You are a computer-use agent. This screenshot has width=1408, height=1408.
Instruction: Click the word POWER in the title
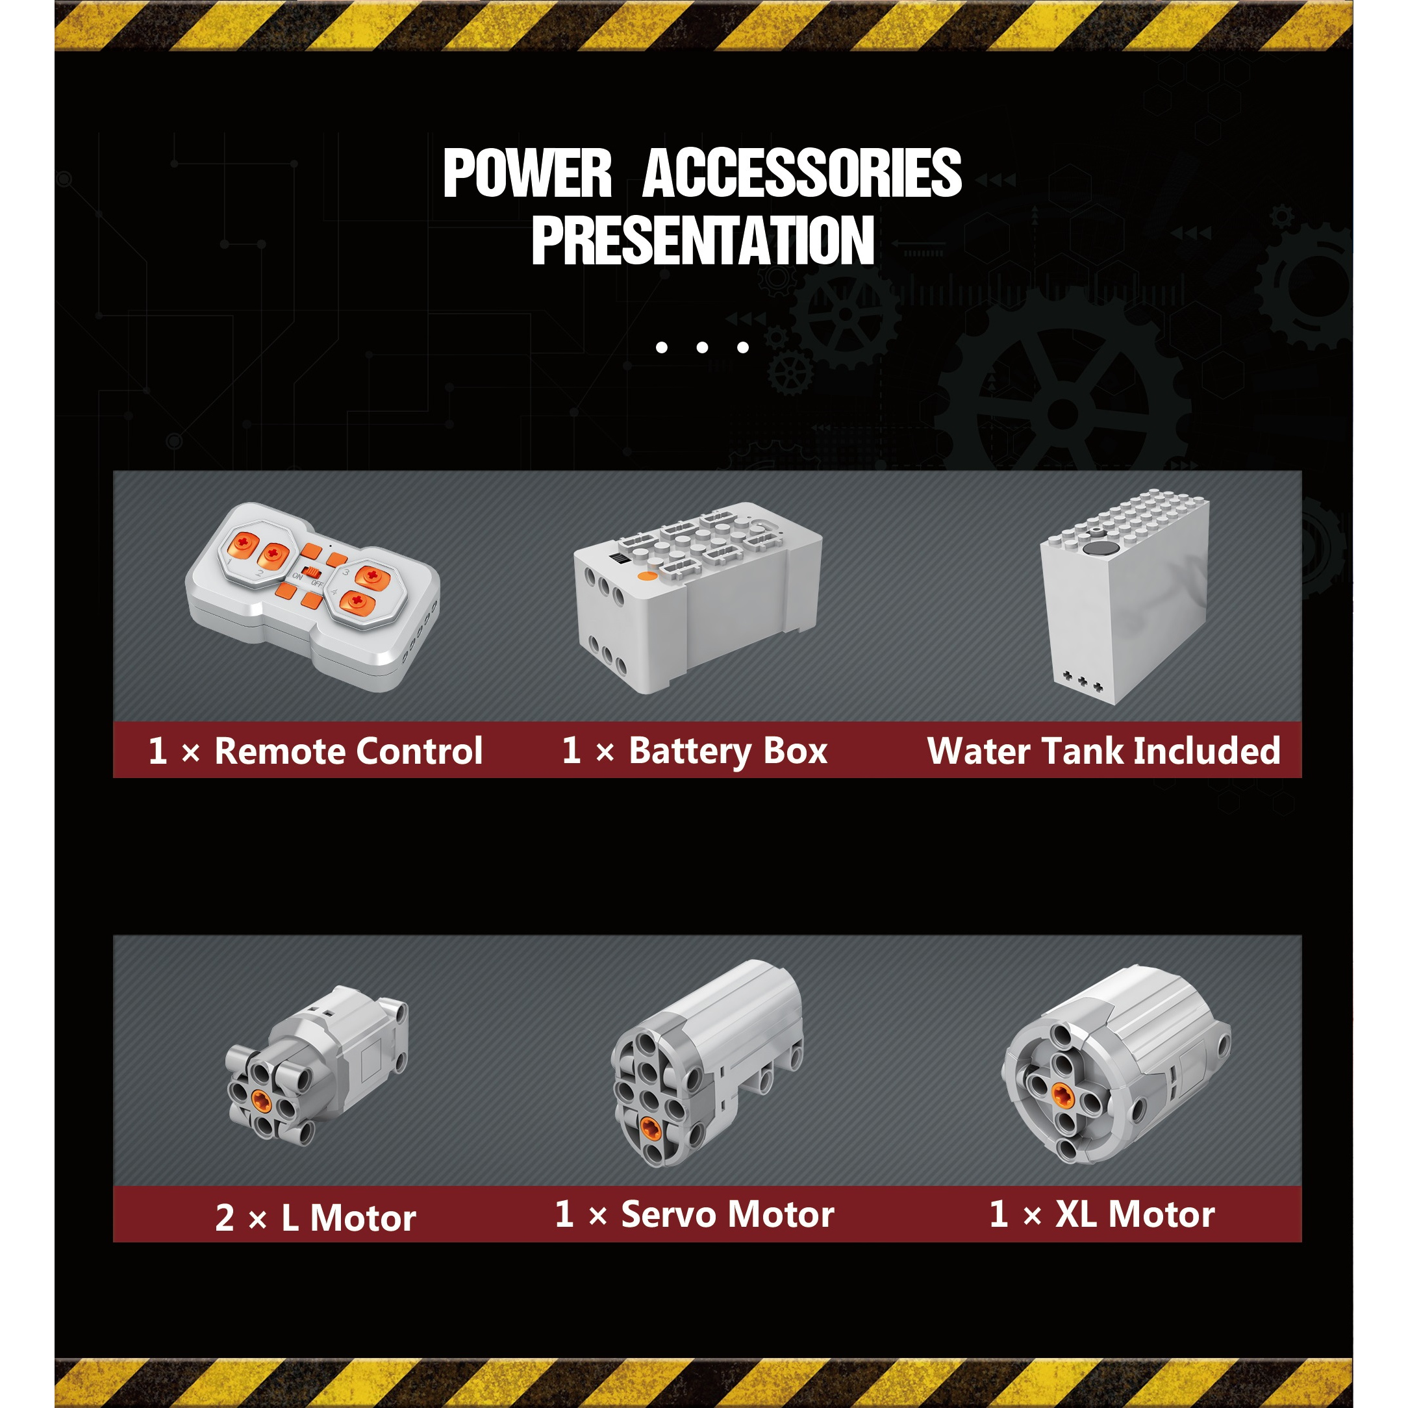(527, 173)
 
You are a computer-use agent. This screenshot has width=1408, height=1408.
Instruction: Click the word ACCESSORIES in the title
(801, 173)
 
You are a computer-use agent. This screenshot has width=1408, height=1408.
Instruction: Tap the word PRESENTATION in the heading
(703, 240)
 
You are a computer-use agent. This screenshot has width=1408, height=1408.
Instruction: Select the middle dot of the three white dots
(703, 347)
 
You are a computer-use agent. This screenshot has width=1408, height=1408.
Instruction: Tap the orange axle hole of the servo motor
(650, 1129)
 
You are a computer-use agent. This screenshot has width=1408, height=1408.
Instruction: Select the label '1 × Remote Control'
(315, 751)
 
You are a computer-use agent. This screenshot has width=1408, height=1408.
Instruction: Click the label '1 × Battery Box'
(694, 751)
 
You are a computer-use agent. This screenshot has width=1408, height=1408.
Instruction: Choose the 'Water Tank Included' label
(1103, 751)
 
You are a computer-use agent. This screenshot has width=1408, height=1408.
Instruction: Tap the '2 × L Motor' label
(316, 1218)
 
